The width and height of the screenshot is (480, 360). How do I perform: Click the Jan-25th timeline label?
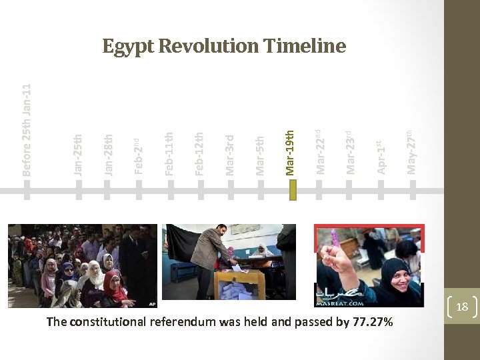[x=78, y=155]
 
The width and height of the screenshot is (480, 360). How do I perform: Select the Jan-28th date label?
[x=108, y=155]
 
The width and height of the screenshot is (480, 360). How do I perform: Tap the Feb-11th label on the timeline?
[x=169, y=154]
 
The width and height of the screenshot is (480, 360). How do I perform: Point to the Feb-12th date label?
[x=199, y=154]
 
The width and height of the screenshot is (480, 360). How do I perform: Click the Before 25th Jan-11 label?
[x=27, y=130]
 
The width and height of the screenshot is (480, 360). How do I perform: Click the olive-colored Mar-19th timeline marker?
[x=291, y=191]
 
